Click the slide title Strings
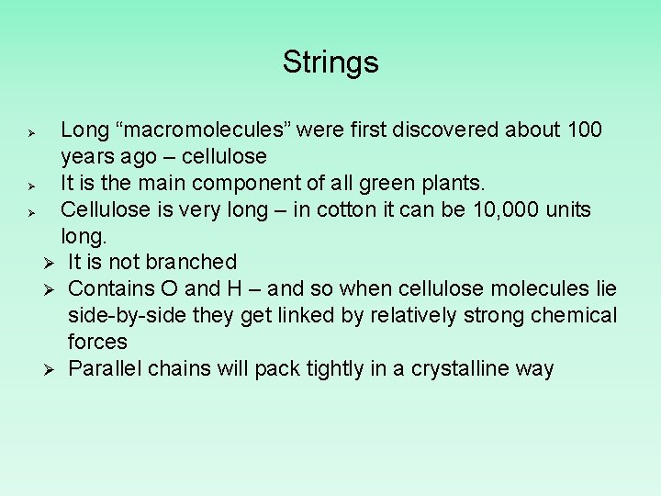330,62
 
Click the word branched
192,263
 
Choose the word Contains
109,289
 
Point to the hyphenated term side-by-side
129,316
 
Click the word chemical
572,316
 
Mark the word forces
97,342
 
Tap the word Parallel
106,369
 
